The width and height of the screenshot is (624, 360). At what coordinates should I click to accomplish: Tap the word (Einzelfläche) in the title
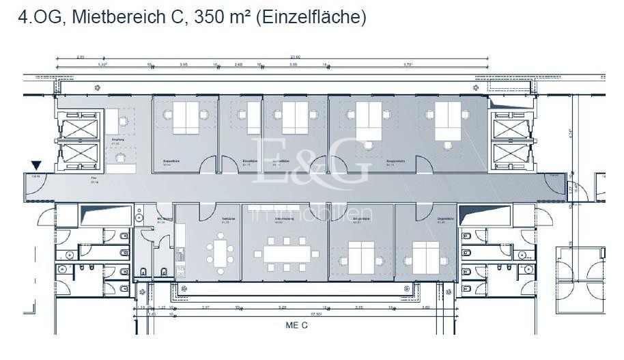pos(311,18)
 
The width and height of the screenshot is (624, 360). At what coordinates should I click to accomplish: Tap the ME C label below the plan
pos(296,325)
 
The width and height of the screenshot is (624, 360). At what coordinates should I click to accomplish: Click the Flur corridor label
pos(94,180)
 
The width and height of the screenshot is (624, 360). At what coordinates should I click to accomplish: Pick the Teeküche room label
pos(226,221)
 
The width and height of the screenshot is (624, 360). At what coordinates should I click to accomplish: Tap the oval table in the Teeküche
pos(220,251)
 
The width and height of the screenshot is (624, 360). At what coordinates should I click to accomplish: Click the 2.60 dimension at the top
pos(239,66)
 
